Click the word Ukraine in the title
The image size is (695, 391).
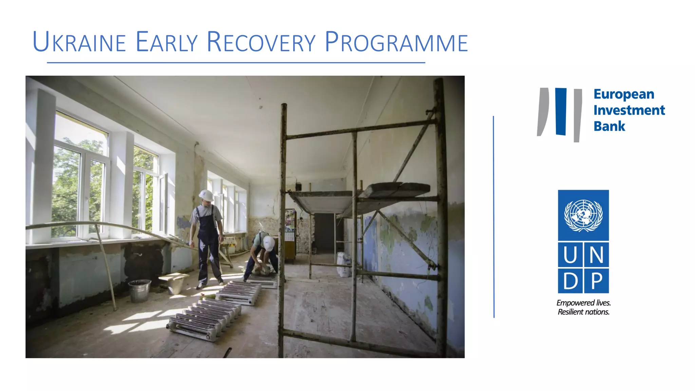tap(79, 42)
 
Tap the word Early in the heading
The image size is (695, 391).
tap(166, 42)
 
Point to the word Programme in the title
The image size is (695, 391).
tap(396, 42)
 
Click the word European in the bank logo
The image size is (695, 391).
tap(624, 94)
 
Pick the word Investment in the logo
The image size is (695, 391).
tap(629, 110)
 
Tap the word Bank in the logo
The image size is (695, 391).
tap(609, 126)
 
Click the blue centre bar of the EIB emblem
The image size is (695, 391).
tap(561, 111)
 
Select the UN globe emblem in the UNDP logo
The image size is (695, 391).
tap(583, 215)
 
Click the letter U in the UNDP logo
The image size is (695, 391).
tap(570, 255)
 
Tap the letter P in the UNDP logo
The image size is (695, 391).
tap(597, 281)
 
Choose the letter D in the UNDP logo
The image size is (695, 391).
tap(570, 281)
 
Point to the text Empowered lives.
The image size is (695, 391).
tap(583, 303)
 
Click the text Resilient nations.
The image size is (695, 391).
tap(583, 312)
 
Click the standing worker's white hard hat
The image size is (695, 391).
tap(206, 195)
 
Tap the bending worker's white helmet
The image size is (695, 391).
tap(269, 243)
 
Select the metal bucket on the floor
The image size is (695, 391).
tap(139, 291)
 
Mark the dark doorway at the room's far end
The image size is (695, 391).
tap(324, 232)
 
